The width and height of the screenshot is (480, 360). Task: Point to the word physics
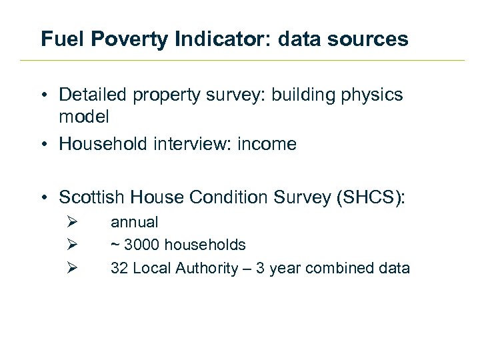point(371,95)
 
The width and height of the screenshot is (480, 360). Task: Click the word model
point(83,117)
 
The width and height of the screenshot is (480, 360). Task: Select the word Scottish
point(92,197)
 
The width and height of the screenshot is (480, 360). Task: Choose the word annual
point(134,222)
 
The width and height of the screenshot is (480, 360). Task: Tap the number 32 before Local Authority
point(119,268)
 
